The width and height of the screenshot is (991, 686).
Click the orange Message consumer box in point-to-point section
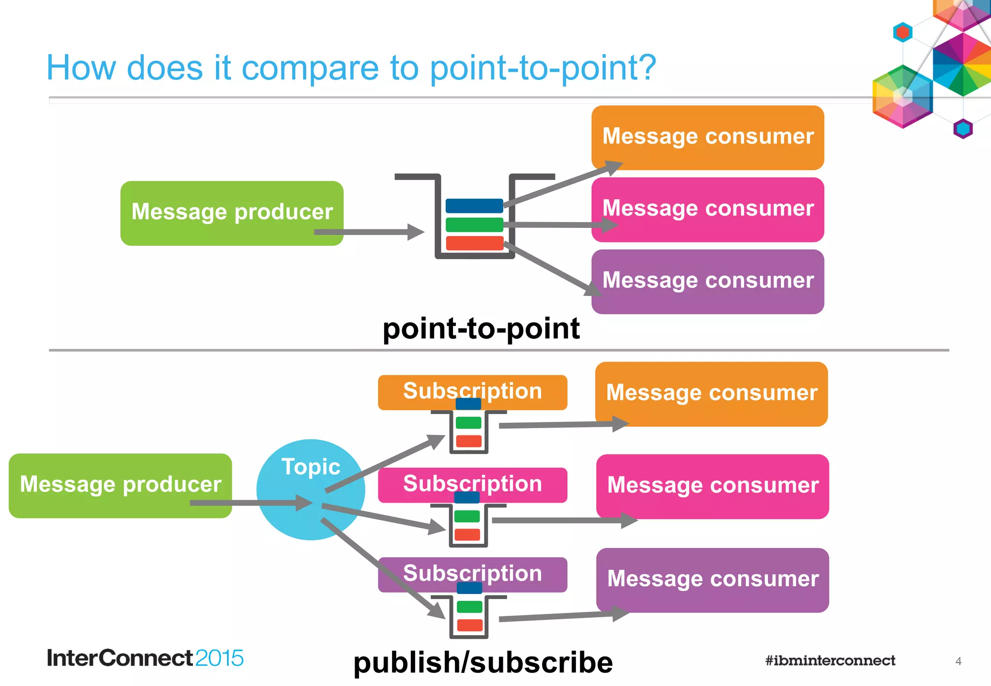(x=707, y=137)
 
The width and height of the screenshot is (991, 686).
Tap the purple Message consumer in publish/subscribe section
(x=712, y=579)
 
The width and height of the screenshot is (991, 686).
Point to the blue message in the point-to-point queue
(x=474, y=206)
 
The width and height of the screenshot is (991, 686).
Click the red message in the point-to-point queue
(x=474, y=243)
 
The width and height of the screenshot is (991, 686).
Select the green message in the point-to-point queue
(x=474, y=224)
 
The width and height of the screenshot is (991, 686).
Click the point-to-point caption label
(x=481, y=329)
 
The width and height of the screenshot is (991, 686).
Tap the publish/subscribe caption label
(x=483, y=662)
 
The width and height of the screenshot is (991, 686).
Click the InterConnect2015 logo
(x=145, y=658)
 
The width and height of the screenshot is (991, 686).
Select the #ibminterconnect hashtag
(x=830, y=660)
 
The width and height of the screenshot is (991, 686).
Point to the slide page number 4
(x=958, y=661)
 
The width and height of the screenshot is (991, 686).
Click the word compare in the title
(x=310, y=68)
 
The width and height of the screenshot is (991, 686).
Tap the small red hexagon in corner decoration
(x=902, y=32)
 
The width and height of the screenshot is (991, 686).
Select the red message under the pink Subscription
(x=467, y=535)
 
